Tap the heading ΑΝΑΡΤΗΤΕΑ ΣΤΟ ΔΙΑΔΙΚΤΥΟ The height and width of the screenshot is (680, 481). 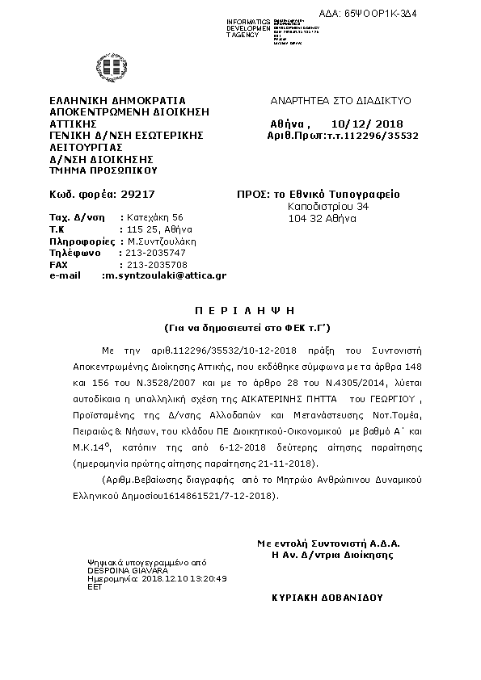click(340, 101)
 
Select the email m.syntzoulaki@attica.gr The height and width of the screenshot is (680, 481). click(163, 275)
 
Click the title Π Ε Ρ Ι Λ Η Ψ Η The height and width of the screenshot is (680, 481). click(240, 309)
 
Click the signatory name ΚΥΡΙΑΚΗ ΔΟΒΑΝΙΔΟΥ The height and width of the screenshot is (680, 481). click(327, 598)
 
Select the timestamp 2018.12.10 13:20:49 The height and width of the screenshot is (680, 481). click(184, 579)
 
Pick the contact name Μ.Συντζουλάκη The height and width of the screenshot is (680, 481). click(162, 241)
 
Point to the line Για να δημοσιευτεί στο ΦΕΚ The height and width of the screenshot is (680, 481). click(240, 326)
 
